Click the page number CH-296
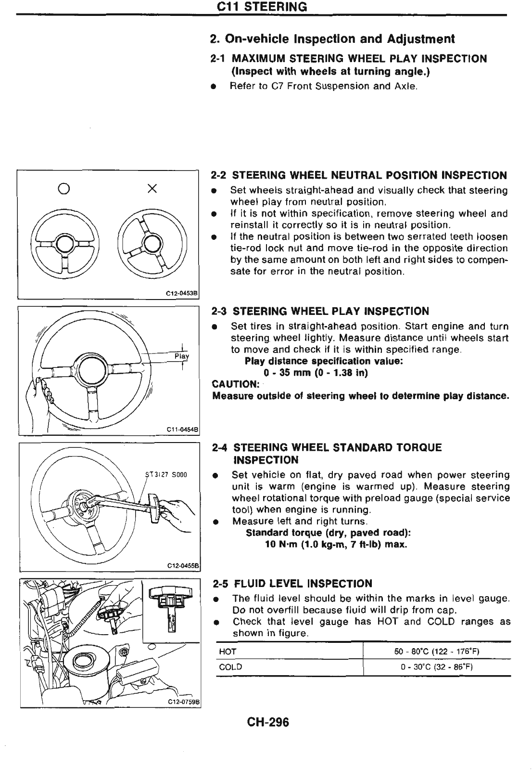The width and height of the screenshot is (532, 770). tap(268, 722)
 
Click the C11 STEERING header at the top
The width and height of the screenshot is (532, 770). tap(262, 7)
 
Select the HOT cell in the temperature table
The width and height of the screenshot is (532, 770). tap(228, 652)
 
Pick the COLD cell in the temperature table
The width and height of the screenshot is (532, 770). tap(230, 667)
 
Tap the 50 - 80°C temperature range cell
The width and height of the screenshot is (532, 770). tap(437, 652)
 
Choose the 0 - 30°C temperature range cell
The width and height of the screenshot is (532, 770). tap(437, 667)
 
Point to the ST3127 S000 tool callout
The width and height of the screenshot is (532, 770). tap(165, 474)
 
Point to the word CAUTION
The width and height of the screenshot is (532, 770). tap(236, 384)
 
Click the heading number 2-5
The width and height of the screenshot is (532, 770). tap(221, 584)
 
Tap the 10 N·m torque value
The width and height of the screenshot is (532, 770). tap(282, 545)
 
